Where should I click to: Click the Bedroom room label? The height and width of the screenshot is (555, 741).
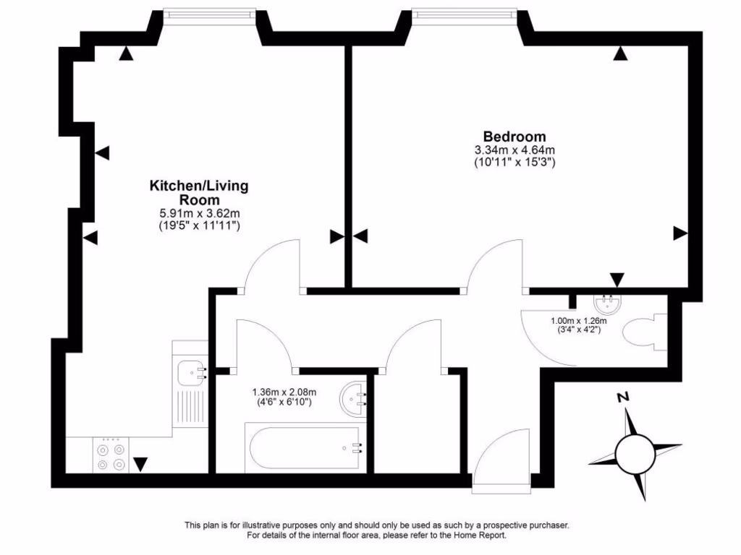click(x=515, y=137)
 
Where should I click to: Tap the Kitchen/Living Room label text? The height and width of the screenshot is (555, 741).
click(x=198, y=192)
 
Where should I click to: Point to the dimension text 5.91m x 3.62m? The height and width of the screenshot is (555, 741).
click(x=199, y=213)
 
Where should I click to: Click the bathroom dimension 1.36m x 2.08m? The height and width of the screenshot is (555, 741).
click(x=285, y=392)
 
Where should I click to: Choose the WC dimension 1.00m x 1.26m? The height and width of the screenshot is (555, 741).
click(x=577, y=321)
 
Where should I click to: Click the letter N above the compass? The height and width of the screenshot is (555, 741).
click(x=621, y=397)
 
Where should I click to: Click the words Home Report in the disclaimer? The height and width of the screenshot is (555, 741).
click(x=480, y=535)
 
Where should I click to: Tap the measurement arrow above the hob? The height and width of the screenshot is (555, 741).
click(x=140, y=464)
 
